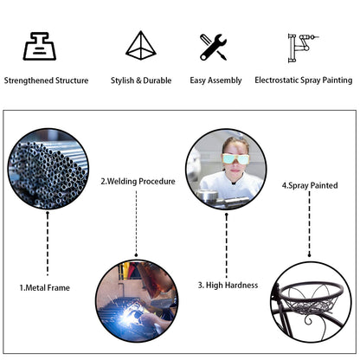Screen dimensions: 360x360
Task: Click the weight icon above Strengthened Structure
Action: pyautogui.click(x=40, y=46)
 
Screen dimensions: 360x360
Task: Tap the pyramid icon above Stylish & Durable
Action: pyautogui.click(x=141, y=45)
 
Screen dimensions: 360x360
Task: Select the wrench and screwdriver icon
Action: pyautogui.click(x=213, y=47)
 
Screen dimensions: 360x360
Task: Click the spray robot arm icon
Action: pyautogui.click(x=303, y=48)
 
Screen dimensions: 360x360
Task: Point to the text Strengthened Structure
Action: pyautogui.click(x=46, y=80)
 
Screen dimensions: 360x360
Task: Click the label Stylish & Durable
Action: pyautogui.click(x=141, y=80)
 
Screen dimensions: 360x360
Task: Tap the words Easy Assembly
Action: pyautogui.click(x=215, y=80)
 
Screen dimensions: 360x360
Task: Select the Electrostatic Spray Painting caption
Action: pyautogui.click(x=304, y=80)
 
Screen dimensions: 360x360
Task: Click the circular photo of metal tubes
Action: pyautogui.click(x=48, y=169)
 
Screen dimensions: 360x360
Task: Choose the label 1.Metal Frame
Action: pyautogui.click(x=45, y=287)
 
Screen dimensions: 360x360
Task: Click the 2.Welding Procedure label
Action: pyautogui.click(x=138, y=182)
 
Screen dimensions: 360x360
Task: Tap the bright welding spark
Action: pyautogui.click(x=128, y=317)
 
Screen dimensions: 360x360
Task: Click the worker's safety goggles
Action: pyautogui.click(x=235, y=159)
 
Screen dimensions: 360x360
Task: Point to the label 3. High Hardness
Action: pyautogui.click(x=228, y=286)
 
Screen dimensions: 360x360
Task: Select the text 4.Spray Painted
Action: pyautogui.click(x=310, y=185)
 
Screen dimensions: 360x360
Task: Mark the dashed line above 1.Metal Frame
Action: pyautogui.click(x=48, y=244)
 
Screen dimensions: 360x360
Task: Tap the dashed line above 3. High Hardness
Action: pyautogui.click(x=227, y=246)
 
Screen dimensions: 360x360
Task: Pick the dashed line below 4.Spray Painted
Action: pyautogui.click(x=310, y=224)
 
